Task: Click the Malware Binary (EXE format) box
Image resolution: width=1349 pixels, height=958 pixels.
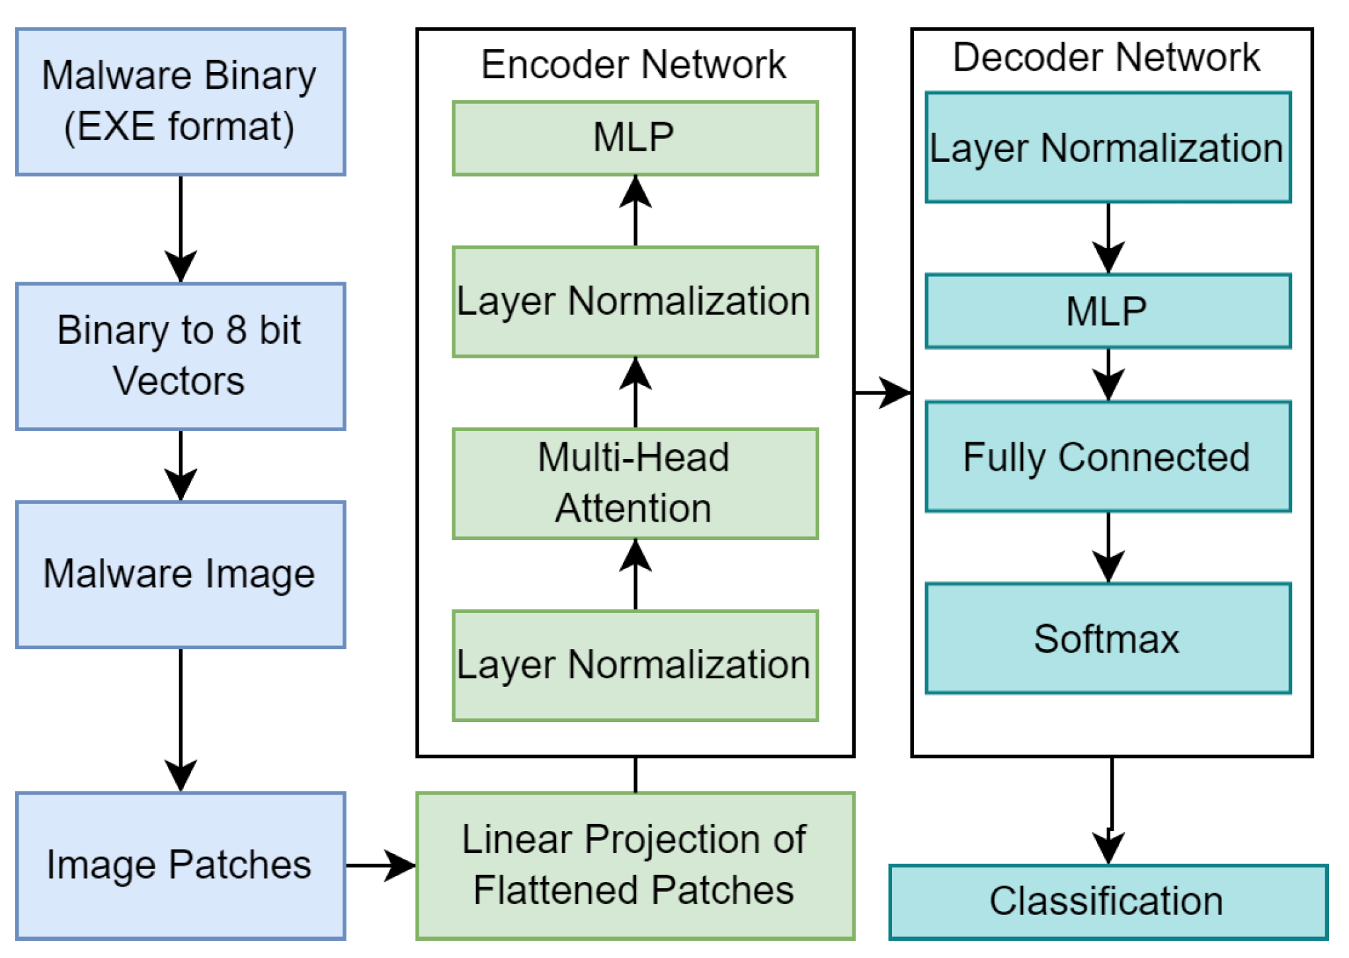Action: [180, 102]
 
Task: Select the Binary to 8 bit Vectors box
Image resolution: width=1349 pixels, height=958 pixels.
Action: [180, 356]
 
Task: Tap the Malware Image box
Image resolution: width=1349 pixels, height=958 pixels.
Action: [180, 574]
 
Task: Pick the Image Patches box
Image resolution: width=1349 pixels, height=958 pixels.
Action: [180, 865]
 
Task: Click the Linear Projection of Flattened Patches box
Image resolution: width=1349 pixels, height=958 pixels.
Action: [635, 865]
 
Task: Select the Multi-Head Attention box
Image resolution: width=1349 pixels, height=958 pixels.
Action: [635, 483]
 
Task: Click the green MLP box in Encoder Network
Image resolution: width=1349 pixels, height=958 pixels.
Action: [635, 138]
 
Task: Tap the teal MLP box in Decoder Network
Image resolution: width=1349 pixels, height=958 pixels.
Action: [1108, 311]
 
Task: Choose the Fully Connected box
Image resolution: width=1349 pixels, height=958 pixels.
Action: [1108, 456]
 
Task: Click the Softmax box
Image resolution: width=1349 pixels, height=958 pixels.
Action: [1108, 638]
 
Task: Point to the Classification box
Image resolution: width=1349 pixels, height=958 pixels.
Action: [1108, 902]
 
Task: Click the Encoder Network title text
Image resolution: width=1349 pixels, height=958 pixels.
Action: [634, 65]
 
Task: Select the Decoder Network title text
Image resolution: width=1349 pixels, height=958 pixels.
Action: [1106, 58]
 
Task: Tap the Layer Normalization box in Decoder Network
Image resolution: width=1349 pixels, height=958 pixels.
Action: [1108, 147]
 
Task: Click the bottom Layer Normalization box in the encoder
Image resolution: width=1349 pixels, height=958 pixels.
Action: [635, 665]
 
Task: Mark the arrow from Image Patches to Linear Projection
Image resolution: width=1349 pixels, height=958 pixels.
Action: [380, 865]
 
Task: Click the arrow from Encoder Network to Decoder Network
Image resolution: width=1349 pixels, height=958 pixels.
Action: [882, 393]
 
